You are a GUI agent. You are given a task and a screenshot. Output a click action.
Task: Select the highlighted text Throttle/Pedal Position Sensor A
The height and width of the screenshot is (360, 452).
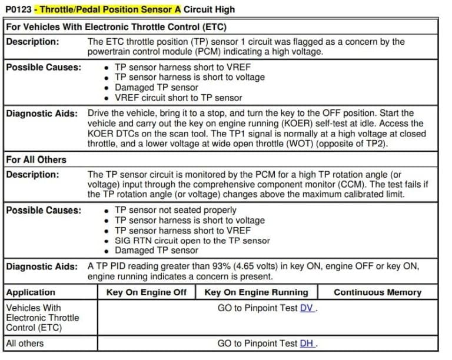(111, 9)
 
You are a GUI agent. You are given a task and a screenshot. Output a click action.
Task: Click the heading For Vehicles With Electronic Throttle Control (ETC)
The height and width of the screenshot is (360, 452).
(116, 27)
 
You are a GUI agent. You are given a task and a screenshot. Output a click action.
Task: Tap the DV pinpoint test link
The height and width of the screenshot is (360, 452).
(307, 308)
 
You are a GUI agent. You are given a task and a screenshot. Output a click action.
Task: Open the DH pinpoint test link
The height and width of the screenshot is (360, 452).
(307, 344)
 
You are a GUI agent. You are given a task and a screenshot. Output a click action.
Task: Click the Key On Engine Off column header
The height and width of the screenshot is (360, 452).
(147, 292)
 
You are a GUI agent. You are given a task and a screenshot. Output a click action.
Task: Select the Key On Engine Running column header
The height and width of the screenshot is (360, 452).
(256, 292)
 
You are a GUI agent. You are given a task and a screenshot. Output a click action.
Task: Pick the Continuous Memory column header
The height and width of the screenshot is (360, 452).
(377, 292)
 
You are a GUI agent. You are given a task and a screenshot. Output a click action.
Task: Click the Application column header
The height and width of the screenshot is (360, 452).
(31, 292)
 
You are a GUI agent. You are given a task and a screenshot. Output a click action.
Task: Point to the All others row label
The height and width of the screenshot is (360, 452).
(25, 344)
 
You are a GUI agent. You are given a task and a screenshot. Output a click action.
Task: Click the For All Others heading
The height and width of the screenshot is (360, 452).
(36, 159)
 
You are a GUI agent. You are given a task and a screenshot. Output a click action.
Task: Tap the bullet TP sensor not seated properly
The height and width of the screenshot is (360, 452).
(175, 210)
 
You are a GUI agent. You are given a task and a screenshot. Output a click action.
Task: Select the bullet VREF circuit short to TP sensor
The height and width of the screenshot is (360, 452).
(178, 98)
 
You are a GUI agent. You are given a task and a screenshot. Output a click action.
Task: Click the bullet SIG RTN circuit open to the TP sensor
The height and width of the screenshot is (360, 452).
(192, 240)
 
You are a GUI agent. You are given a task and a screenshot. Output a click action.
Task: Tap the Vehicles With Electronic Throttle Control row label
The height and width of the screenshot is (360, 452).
(41, 318)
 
